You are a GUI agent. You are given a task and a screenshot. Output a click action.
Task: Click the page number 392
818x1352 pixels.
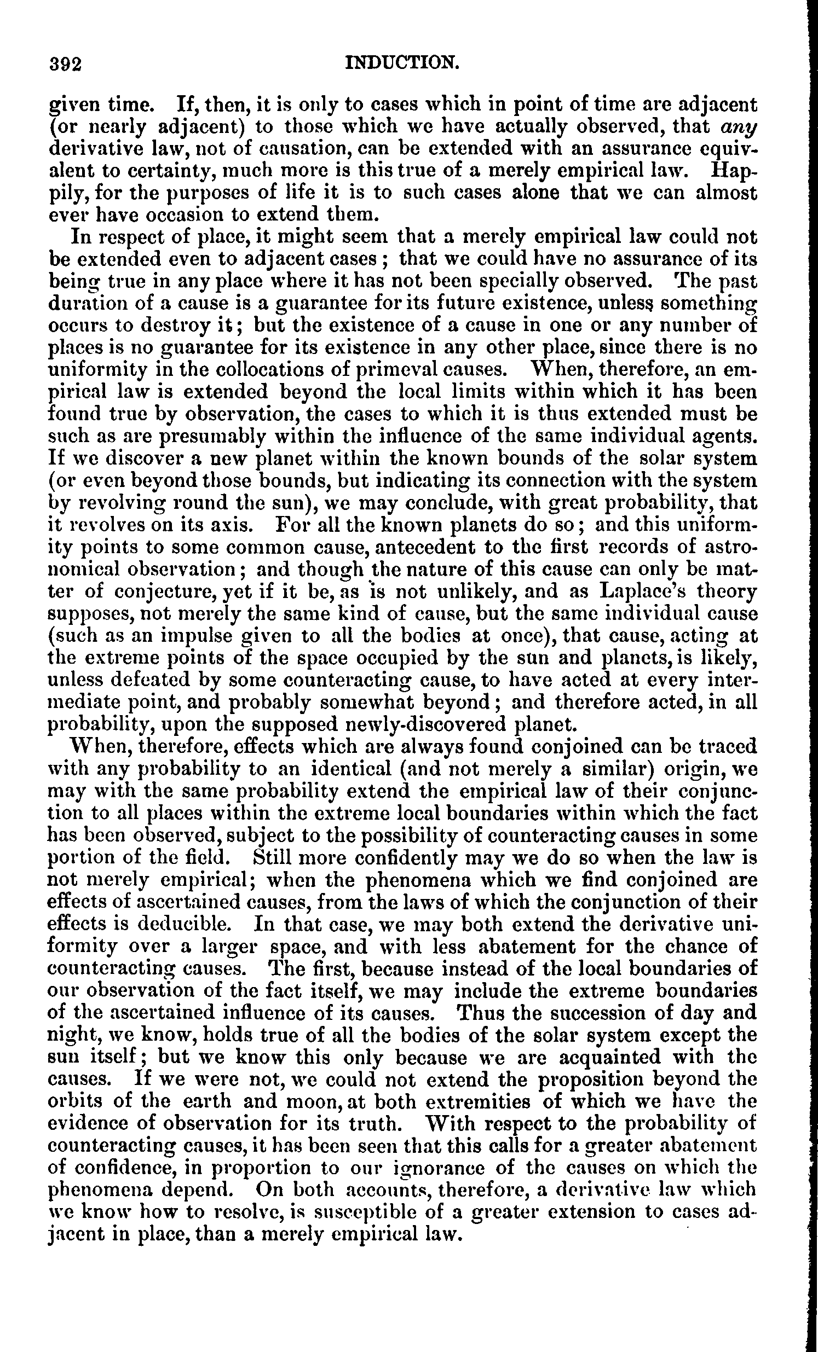(x=65, y=65)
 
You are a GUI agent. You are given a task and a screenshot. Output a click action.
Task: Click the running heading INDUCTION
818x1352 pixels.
(x=402, y=63)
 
